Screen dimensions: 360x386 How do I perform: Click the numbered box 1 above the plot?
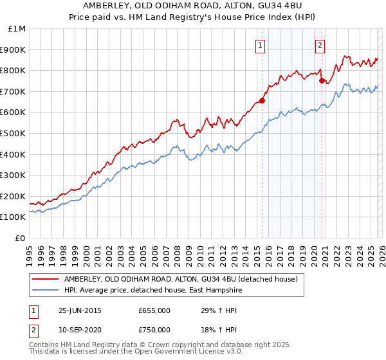(260, 45)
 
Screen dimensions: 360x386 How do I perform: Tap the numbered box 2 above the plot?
(320, 45)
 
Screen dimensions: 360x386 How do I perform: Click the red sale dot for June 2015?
(262, 100)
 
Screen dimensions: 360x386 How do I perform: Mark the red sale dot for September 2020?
(322, 80)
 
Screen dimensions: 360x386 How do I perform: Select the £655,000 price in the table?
(154, 310)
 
